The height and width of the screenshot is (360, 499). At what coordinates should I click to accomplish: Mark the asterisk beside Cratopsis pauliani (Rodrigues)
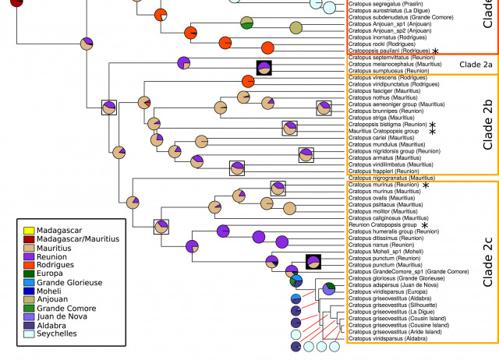(x=435, y=51)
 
